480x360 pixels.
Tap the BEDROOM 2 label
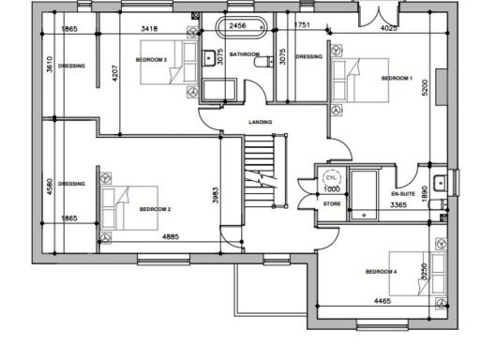(x=155, y=209)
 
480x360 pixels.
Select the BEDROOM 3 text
(x=151, y=59)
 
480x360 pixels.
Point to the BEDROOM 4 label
(x=382, y=272)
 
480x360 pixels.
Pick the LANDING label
(x=260, y=123)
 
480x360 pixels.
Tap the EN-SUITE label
(x=402, y=193)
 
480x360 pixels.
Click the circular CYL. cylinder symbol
(x=330, y=177)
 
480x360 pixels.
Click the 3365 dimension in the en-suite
(x=401, y=204)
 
